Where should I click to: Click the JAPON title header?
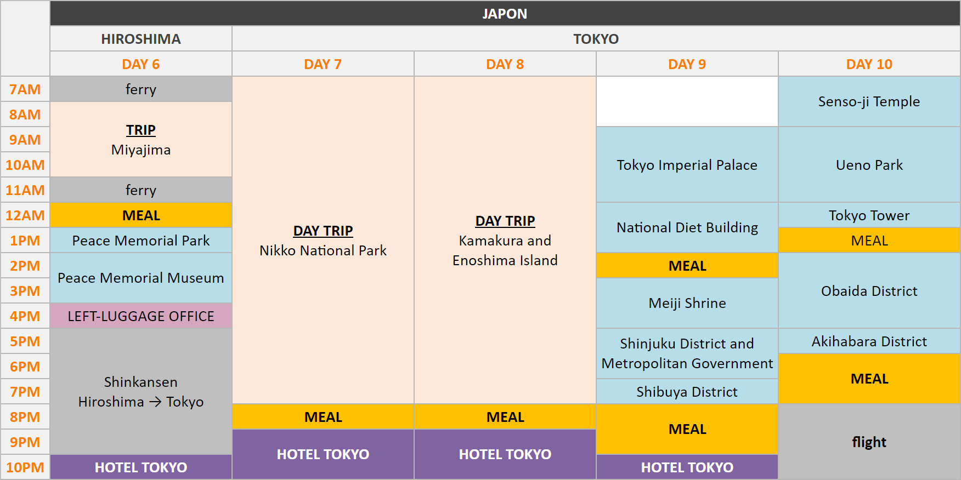(505, 13)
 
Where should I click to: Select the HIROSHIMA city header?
(141, 39)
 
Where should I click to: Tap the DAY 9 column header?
(687, 64)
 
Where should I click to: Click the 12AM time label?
(25, 215)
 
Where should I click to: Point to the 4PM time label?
(25, 316)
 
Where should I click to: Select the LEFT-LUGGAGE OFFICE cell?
(141, 316)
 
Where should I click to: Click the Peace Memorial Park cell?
(141, 241)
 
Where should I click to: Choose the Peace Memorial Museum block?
(141, 278)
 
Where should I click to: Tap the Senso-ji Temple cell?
(869, 101)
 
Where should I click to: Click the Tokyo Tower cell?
(869, 215)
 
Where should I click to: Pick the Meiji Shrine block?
(687, 303)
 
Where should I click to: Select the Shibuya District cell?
(687, 392)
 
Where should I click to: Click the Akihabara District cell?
(869, 341)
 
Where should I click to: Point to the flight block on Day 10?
(869, 442)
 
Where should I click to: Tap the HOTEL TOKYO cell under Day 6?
(141, 467)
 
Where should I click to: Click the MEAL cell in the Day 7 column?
(323, 417)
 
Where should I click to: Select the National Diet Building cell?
(687, 227)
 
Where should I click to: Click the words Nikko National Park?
(323, 250)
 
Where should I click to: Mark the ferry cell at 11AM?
(141, 190)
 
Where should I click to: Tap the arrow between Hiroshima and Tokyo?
(155, 402)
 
